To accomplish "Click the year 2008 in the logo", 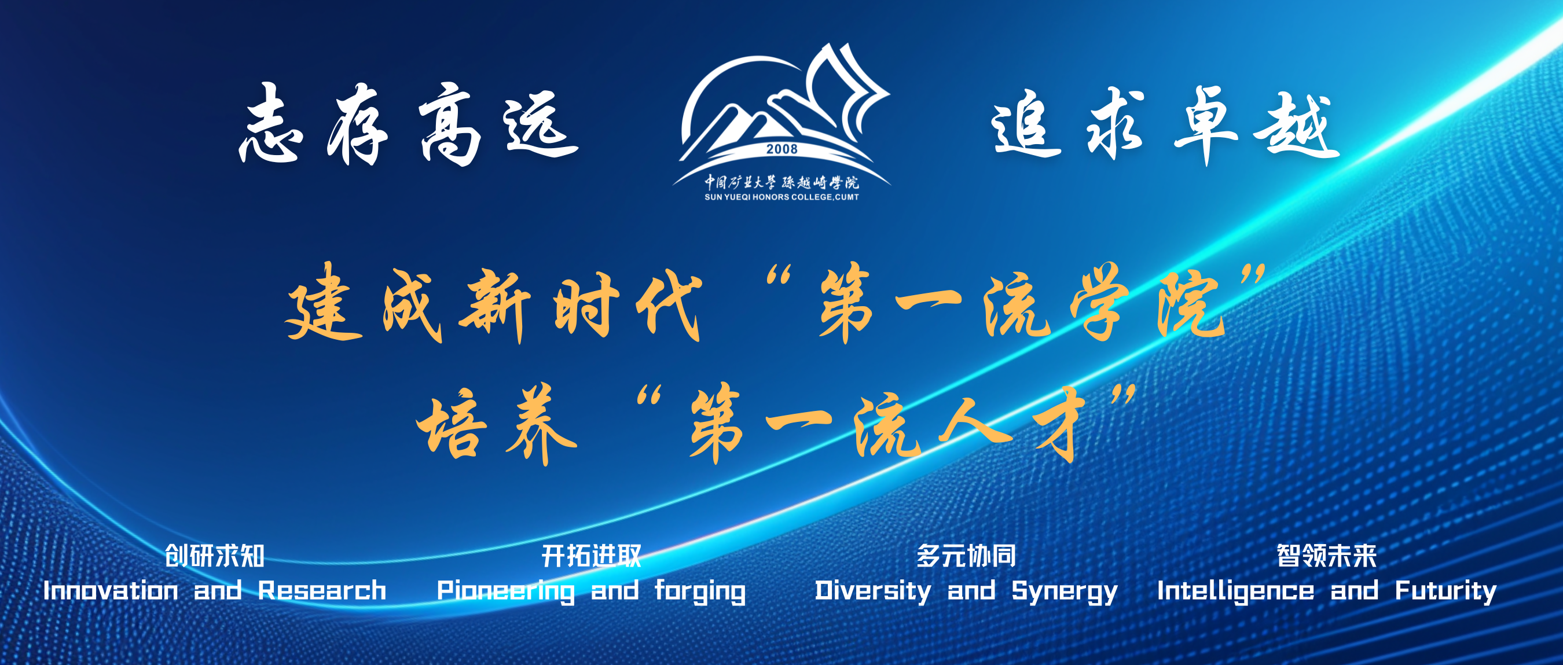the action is pyautogui.click(x=781, y=149).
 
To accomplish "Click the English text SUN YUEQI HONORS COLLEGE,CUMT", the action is pyautogui.click(x=781, y=197).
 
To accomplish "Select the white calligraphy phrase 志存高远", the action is pyautogui.click(x=408, y=124).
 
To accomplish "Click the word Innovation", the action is pyautogui.click(x=111, y=590).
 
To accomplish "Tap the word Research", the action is pyautogui.click(x=322, y=590).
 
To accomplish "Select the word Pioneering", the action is pyautogui.click(x=506, y=591).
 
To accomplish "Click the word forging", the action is pyautogui.click(x=700, y=591).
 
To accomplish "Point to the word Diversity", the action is pyautogui.click(x=872, y=591).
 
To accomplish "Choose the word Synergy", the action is pyautogui.click(x=1064, y=591).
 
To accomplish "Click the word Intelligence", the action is pyautogui.click(x=1236, y=591).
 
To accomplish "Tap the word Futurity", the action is pyautogui.click(x=1446, y=591).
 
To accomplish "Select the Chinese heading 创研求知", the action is pyautogui.click(x=215, y=555).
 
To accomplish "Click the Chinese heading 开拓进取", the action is pyautogui.click(x=592, y=555).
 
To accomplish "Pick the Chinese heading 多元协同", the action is pyautogui.click(x=966, y=555).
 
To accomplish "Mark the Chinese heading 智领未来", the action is pyautogui.click(x=1327, y=555).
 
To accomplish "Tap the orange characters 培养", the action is pyautogui.click(x=496, y=424).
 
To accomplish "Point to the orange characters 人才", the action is pyautogui.click(x=1011, y=424).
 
